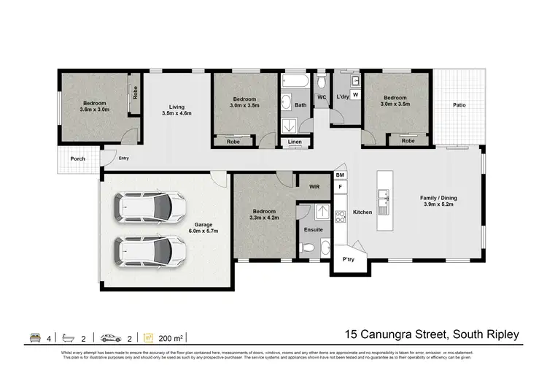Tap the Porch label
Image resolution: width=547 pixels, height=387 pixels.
point(77,158)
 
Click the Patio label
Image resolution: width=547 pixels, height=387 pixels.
point(459,105)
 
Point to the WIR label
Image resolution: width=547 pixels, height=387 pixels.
point(315,187)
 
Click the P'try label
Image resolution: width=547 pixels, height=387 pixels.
point(348,259)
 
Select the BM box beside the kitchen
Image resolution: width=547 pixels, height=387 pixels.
point(340,175)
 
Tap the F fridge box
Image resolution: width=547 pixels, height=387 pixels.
point(340,187)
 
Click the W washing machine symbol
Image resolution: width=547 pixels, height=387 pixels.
point(355,95)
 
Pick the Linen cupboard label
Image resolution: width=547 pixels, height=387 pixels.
point(295,142)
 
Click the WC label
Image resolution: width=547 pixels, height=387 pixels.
point(321,98)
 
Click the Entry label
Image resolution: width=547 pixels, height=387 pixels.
point(124,158)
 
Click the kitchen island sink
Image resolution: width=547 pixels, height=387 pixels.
point(383,196)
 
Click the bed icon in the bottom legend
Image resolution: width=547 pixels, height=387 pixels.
point(34,337)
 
